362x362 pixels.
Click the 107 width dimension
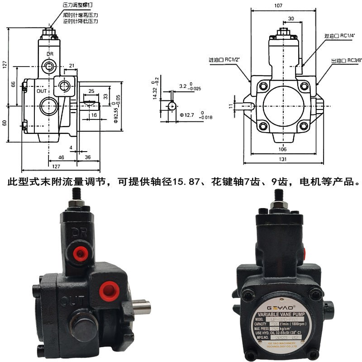tap(278, 6)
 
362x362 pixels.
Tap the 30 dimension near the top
tap(290, 19)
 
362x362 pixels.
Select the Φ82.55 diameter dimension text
tap(117, 109)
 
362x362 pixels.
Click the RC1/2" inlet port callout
tap(224, 59)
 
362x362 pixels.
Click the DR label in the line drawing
tap(50, 54)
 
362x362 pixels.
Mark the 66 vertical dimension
tap(14, 84)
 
